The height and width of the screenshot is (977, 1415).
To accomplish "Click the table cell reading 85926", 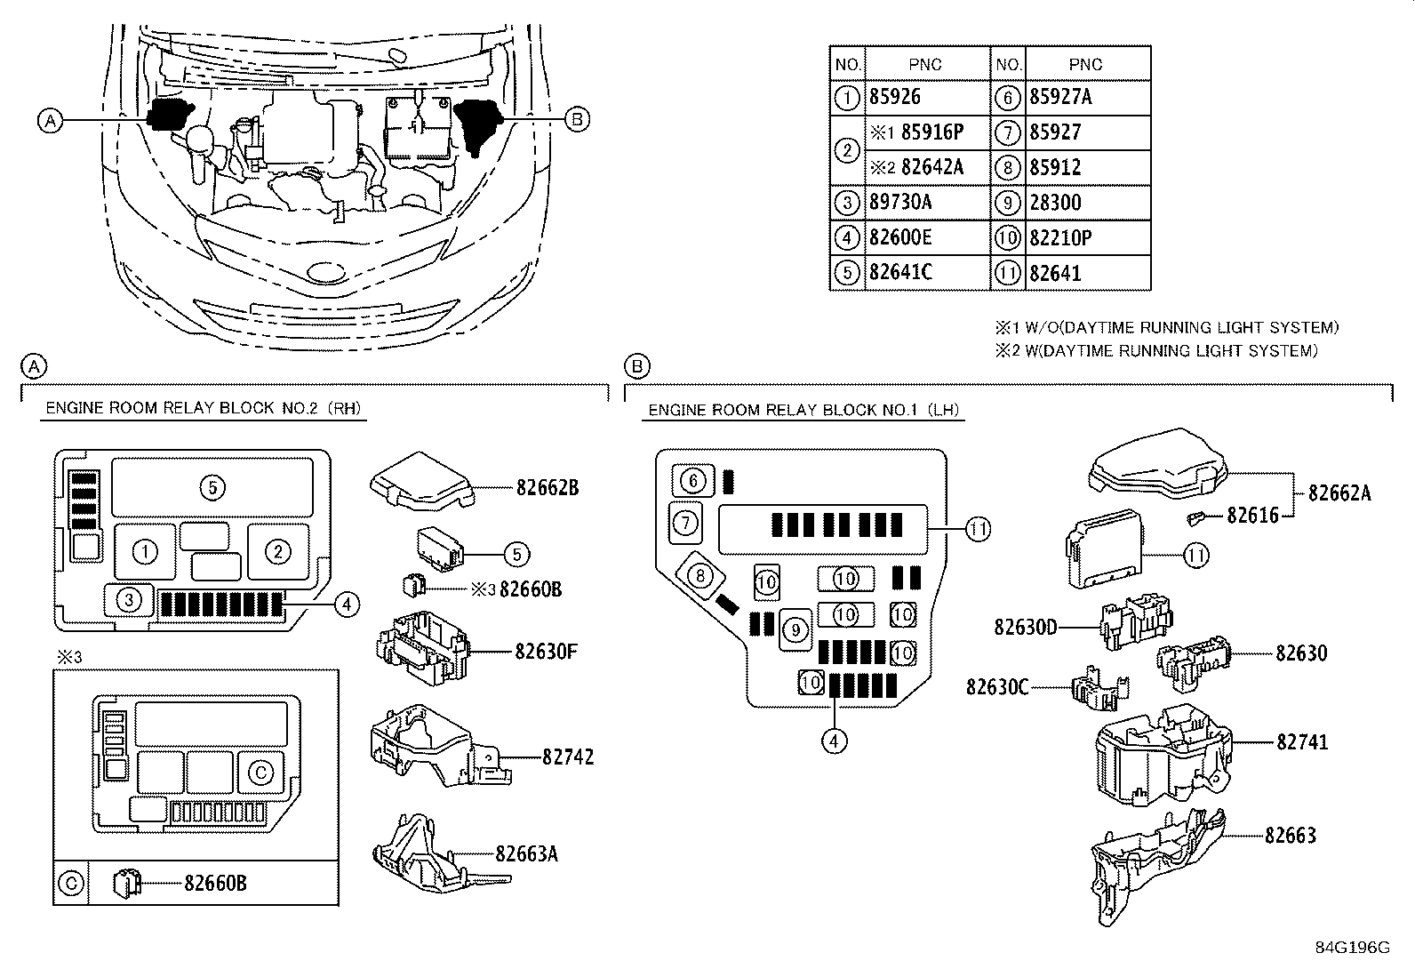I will pyautogui.click(x=895, y=97).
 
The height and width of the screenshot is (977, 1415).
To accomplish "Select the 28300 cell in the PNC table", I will pyautogui.click(x=1056, y=203).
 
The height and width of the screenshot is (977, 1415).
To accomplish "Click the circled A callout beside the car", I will pyautogui.click(x=51, y=120).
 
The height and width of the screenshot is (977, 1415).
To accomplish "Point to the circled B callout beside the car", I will pyautogui.click(x=578, y=118).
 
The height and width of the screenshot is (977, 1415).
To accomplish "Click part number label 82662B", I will pyautogui.click(x=548, y=487).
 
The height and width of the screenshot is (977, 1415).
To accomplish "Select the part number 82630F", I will pyautogui.click(x=546, y=652).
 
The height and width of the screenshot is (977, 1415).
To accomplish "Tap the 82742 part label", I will pyautogui.click(x=568, y=757).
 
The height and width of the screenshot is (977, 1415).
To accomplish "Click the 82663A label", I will pyautogui.click(x=526, y=854).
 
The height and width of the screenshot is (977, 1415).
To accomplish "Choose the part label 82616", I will pyautogui.click(x=1252, y=516).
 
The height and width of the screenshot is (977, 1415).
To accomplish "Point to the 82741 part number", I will pyautogui.click(x=1302, y=741).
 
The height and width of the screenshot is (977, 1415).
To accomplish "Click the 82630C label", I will pyautogui.click(x=997, y=687).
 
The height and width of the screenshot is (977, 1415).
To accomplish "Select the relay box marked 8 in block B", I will pyautogui.click(x=700, y=576).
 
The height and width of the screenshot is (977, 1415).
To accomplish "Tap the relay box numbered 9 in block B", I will pyautogui.click(x=795, y=630).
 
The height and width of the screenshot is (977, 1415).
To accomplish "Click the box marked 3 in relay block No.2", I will pyautogui.click(x=129, y=600).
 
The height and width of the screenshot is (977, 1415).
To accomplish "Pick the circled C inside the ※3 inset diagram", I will pyautogui.click(x=260, y=773).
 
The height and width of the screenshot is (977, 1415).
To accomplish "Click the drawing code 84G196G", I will pyautogui.click(x=1352, y=947).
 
